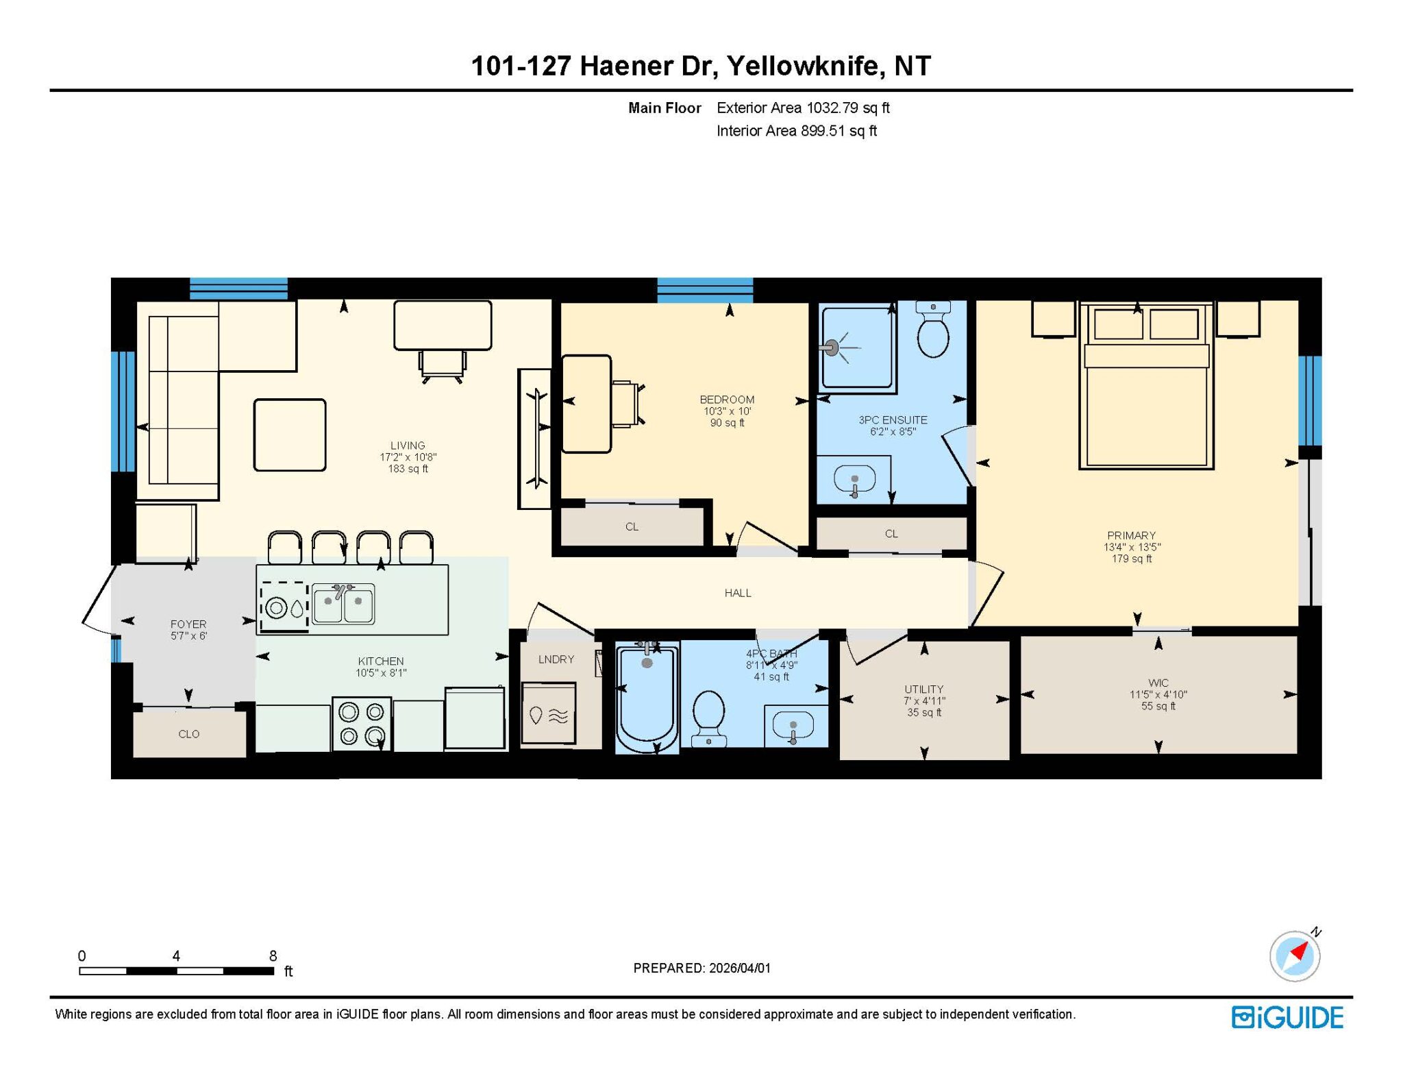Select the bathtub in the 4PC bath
tap(647, 698)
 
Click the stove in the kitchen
tap(362, 724)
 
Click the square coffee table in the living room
tap(290, 435)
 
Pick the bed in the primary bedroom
tap(1146, 385)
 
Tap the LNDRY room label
tap(556, 659)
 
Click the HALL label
tap(738, 593)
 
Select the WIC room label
tap(1158, 683)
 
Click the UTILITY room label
tap(923, 689)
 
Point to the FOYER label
tap(188, 624)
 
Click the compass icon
tap(1295, 955)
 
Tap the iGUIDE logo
tap(1287, 1017)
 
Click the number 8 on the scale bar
tap(273, 955)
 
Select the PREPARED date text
tap(701, 968)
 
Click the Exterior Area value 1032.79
tap(832, 108)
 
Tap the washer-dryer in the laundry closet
tap(548, 713)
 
